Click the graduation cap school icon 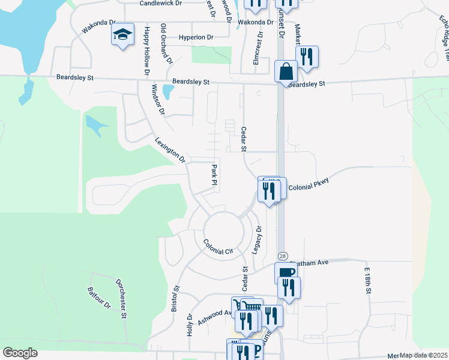point(122,35)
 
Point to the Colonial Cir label point(217,247)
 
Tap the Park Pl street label point(213,174)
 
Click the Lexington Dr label point(170,150)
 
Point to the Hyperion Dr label point(196,37)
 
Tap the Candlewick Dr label point(160,3)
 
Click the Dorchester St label point(122,298)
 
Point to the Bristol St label point(176,299)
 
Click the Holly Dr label point(190,325)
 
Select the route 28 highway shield point(283,256)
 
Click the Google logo point(20,353)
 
